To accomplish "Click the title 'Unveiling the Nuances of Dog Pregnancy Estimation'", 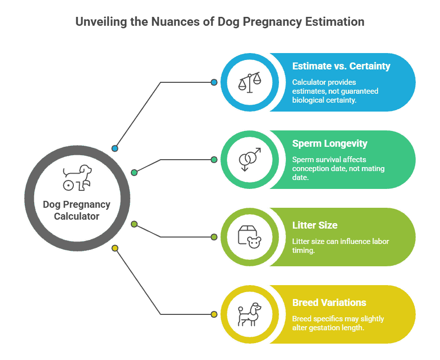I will click(220, 22).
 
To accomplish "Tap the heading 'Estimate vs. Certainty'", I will click(341, 66).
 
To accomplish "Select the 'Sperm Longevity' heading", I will click(330, 144).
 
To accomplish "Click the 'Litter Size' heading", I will click(315, 225).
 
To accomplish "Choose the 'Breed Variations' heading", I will click(329, 302).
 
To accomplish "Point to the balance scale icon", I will click(250, 82).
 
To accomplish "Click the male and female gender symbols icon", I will click(250, 160).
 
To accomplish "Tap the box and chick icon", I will click(250, 237).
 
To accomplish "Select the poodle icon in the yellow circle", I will click(250, 314).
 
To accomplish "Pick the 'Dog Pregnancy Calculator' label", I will click(77, 210).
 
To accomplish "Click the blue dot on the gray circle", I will click(115, 148).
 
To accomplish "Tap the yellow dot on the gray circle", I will click(115, 248).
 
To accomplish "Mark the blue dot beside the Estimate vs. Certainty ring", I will click(214, 82).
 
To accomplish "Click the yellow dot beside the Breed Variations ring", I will click(214, 314).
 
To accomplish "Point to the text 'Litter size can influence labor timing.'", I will click(340, 246).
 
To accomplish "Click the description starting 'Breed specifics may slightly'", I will click(338, 323).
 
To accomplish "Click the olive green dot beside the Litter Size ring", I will click(214, 237).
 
